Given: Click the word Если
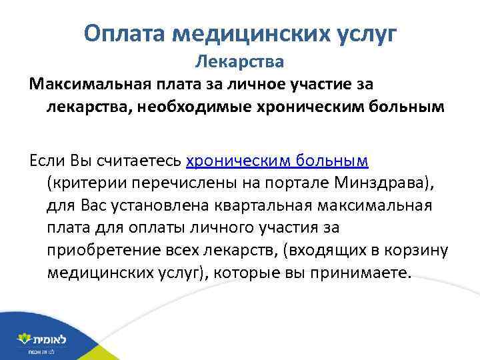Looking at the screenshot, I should pyautogui.click(x=46, y=161).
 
